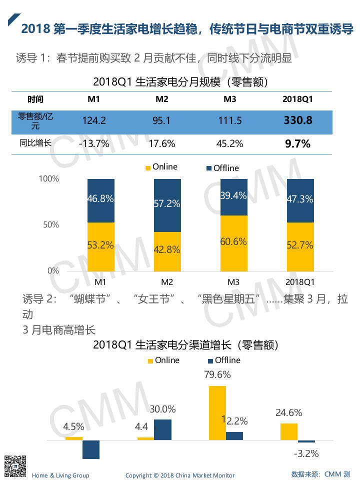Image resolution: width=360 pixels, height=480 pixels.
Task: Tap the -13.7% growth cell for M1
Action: [93, 143]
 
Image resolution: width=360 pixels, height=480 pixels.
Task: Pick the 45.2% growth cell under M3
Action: [229, 143]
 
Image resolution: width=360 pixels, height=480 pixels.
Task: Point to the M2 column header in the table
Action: [161, 99]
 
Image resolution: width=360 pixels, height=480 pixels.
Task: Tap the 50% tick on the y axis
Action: [49, 224]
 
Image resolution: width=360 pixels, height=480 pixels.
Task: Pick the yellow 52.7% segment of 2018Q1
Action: [300, 246]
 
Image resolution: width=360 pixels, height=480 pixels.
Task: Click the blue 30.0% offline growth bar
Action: [162, 429]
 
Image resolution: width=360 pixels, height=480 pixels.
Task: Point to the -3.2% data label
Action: [305, 453]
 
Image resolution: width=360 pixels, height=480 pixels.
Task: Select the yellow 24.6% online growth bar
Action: [289, 431]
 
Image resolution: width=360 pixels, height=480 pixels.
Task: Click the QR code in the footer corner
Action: [14, 465]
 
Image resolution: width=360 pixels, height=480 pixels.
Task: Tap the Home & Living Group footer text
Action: [60, 475]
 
